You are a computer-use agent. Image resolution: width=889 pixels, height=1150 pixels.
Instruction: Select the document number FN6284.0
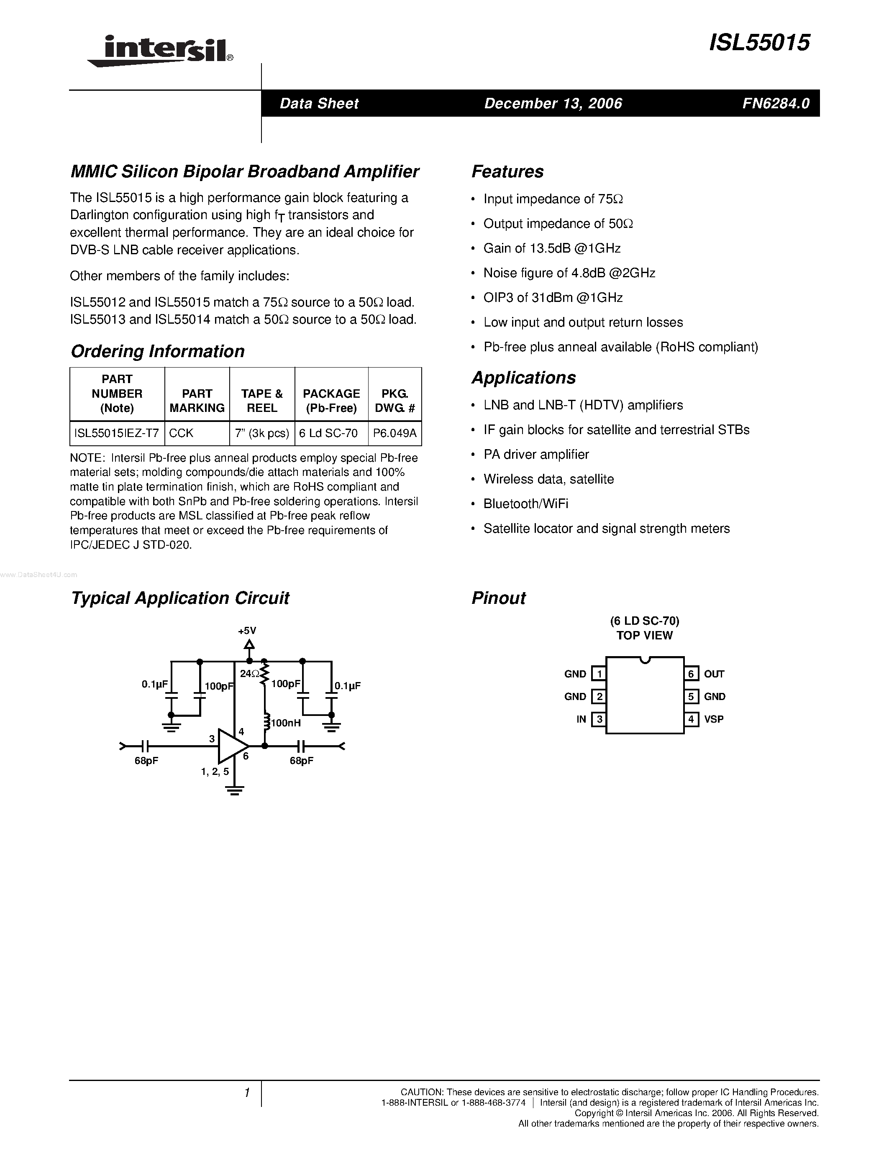point(776,103)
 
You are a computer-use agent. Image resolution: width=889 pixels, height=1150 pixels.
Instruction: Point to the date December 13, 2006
point(553,103)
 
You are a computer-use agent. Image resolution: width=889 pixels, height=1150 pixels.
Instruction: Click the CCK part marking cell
point(182,433)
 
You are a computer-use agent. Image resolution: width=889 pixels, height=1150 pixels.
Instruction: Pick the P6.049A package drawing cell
point(395,433)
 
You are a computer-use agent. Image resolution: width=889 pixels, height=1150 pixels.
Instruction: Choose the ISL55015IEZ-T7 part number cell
point(116,433)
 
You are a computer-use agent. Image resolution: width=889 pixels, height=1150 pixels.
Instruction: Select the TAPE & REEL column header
point(262,401)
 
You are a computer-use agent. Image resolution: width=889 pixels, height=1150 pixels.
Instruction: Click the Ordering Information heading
point(157,351)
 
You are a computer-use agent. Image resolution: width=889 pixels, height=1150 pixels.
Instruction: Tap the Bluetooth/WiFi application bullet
point(525,504)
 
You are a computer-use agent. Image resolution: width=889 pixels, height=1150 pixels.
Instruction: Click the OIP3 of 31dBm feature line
point(553,298)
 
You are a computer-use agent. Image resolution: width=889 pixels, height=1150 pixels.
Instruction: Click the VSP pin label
point(714,719)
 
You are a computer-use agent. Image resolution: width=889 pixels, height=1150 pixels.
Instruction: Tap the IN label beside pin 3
point(581,719)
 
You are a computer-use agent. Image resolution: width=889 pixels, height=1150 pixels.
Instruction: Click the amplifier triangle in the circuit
point(232,746)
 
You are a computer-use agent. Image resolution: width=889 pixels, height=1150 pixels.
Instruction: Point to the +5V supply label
point(246,630)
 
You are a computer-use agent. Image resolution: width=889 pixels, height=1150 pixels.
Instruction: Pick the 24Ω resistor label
point(249,673)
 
